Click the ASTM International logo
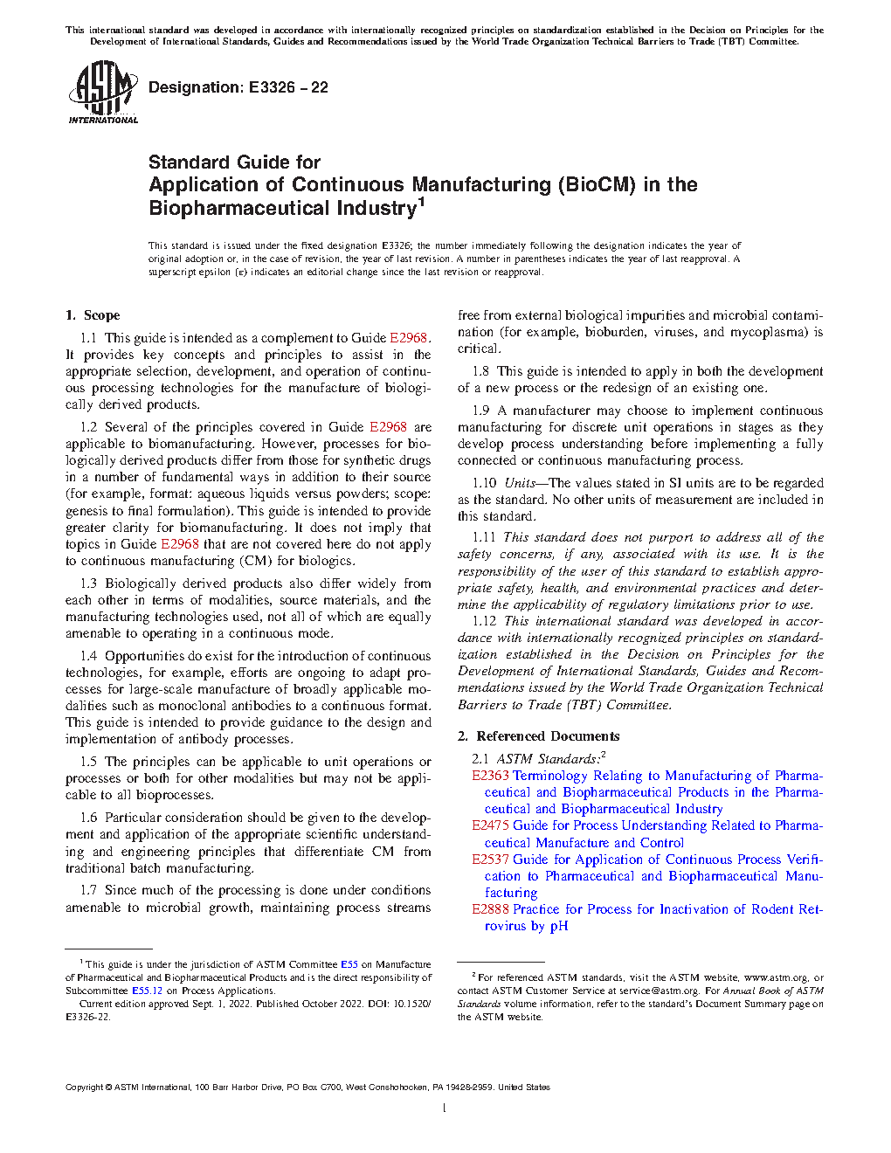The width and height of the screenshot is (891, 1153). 102,92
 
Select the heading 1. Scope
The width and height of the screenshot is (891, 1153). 93,315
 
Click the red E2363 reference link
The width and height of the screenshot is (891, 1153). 490,776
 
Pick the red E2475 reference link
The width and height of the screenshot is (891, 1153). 490,825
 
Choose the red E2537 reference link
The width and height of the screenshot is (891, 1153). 490,860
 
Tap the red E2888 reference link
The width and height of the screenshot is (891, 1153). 490,909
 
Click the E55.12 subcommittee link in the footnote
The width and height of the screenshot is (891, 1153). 147,991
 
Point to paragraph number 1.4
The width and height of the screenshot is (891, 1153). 88,656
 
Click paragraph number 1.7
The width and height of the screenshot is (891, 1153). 88,890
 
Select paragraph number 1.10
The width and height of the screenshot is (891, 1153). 484,483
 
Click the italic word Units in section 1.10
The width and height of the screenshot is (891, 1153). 520,483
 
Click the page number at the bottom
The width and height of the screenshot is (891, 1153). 445,1108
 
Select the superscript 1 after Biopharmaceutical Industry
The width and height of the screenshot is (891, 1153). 421,203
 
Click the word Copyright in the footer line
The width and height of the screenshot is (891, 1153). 84,1087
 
